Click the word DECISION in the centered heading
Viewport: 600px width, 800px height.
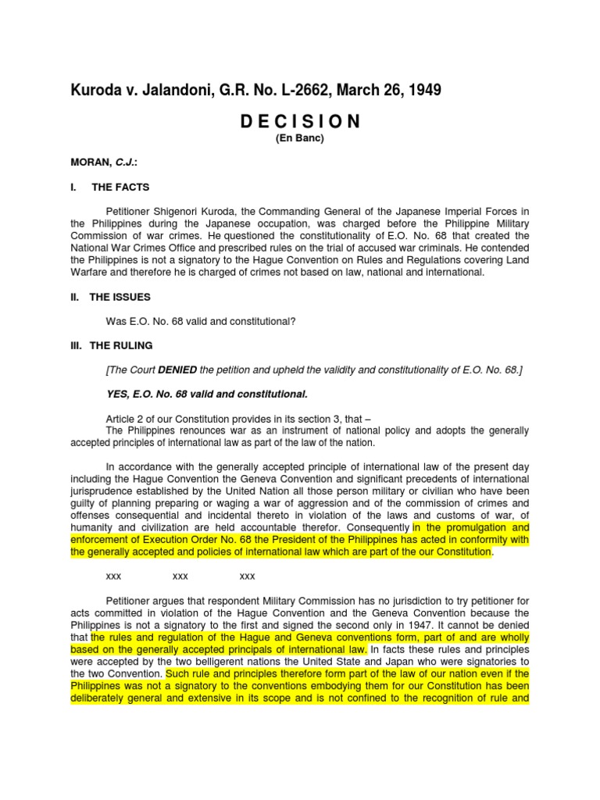click(x=299, y=121)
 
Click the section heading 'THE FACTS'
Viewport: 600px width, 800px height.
click(x=120, y=187)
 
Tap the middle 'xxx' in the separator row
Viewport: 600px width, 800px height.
click(x=180, y=577)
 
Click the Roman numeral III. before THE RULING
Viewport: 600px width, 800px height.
click(x=77, y=345)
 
